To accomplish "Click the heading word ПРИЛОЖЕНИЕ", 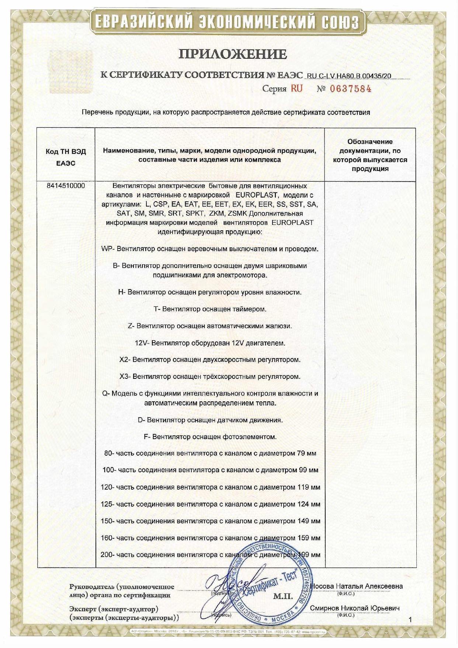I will click(x=232, y=54).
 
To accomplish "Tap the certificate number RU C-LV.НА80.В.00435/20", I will click(x=348, y=76).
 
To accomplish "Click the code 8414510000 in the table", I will click(x=66, y=186).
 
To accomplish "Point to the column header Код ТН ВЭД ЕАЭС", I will click(x=66, y=158).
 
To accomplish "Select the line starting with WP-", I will click(x=209, y=249).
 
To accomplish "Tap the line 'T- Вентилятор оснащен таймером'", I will click(x=209, y=309).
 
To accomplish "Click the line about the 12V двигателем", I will click(x=209, y=343).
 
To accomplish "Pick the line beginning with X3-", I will click(x=209, y=377).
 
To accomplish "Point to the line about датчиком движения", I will click(x=209, y=420).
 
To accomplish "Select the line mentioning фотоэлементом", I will click(x=209, y=437).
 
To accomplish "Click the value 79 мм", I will click(x=306, y=453).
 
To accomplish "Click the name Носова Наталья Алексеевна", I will click(x=356, y=586).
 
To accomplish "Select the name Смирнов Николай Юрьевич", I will click(x=354, y=608).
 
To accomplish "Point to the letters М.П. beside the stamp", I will click(x=282, y=596).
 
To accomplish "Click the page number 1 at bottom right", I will click(x=410, y=619).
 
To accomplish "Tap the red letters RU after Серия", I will click(x=296, y=89).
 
